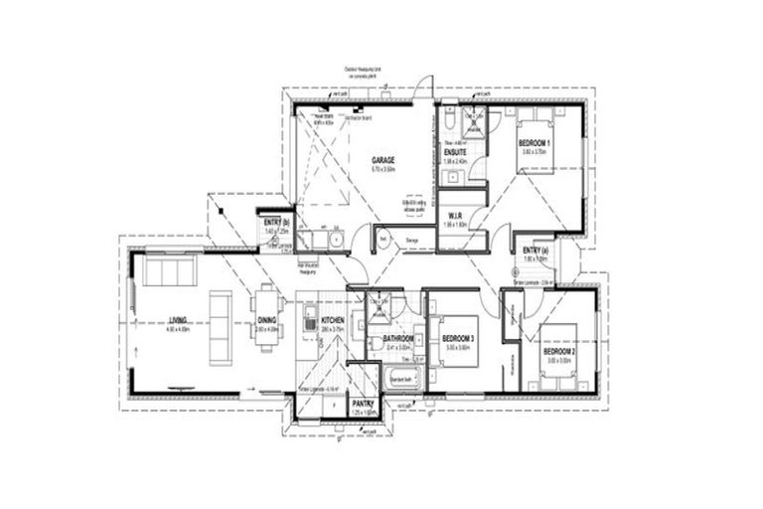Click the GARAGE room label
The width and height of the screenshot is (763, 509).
click(383, 160)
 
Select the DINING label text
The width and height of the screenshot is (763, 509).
click(267, 320)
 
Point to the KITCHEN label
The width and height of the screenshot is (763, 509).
click(332, 320)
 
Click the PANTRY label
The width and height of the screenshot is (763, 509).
click(363, 403)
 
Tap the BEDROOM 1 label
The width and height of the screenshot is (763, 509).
click(534, 144)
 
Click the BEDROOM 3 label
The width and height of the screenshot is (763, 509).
click(459, 339)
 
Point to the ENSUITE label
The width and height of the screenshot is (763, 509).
click(456, 152)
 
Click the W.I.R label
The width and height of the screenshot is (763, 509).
click(457, 216)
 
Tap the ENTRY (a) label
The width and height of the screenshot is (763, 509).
click(535, 250)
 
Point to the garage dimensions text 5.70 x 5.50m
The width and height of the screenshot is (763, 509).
click(383, 170)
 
